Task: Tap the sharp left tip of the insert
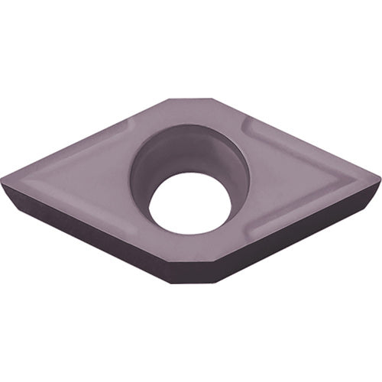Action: [4, 181]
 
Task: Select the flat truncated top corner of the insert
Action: [191, 100]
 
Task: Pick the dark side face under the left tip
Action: [46, 218]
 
